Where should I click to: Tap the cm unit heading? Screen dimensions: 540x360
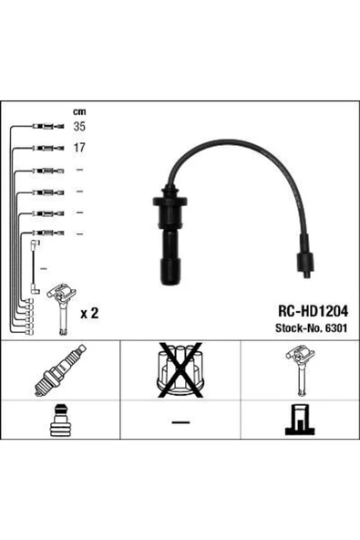tap(80, 112)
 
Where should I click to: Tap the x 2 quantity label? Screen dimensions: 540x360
tap(89, 313)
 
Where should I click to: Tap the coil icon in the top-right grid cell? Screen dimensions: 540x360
tap(299, 375)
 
